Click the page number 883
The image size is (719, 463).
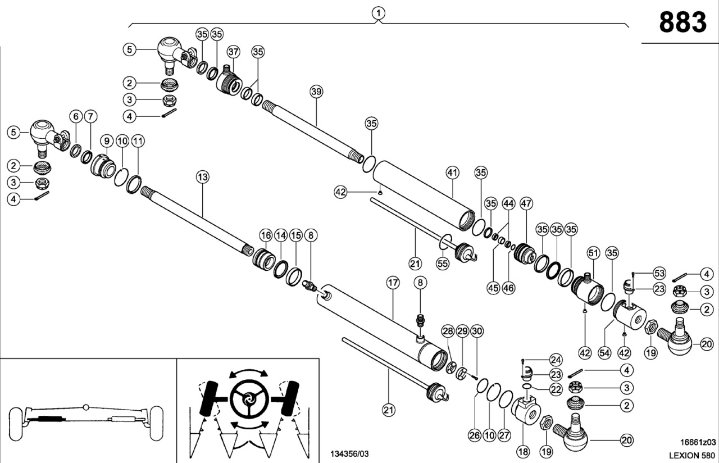(x=682, y=23)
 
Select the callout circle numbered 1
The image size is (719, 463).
(x=379, y=12)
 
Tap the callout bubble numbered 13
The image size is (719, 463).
(x=202, y=177)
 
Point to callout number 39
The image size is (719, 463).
(x=316, y=92)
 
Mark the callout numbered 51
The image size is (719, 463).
(x=593, y=253)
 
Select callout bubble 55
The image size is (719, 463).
(x=443, y=262)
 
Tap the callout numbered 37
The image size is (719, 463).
(x=233, y=51)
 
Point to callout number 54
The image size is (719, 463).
(x=604, y=352)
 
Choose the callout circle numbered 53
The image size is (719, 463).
(x=659, y=273)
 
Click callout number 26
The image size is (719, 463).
(x=475, y=434)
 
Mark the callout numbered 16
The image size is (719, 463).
(x=266, y=234)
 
